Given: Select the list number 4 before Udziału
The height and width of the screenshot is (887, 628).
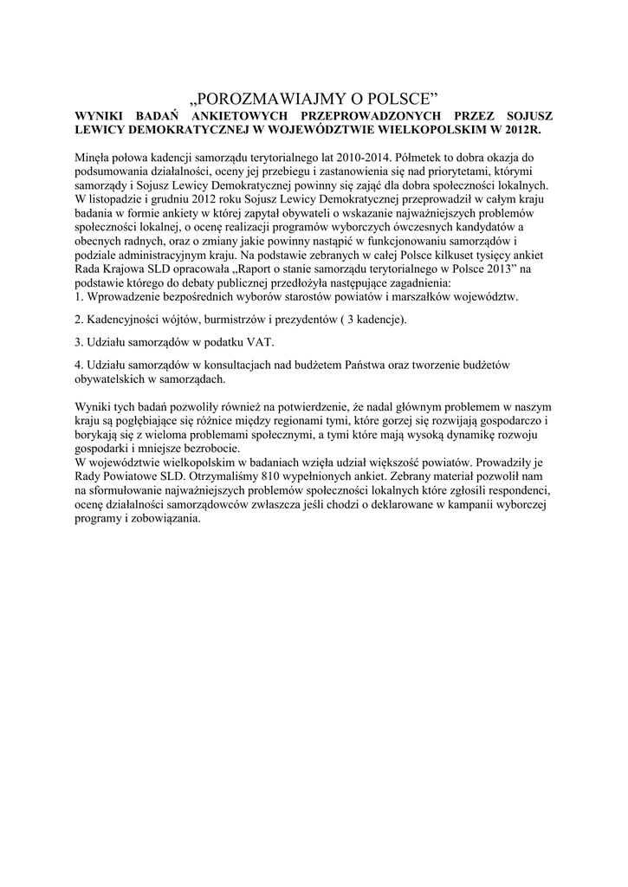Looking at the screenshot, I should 78,366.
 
